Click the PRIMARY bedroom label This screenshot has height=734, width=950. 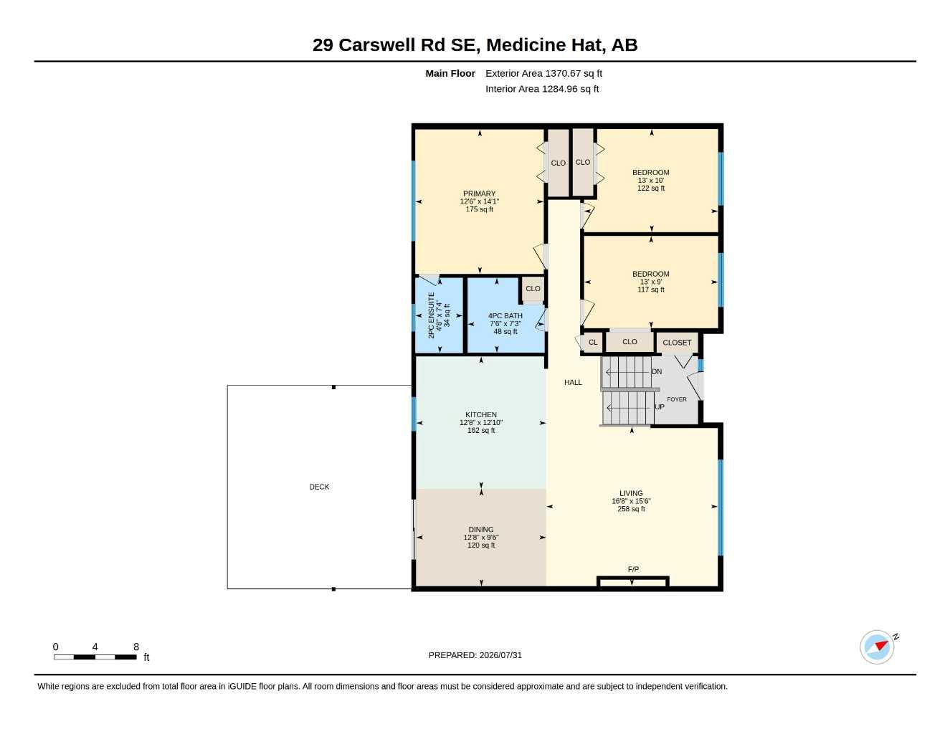coord(479,194)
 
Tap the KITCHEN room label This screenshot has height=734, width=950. coord(481,414)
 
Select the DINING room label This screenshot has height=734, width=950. coord(481,530)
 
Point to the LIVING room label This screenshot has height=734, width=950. coord(631,493)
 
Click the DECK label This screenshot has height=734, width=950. coord(319,487)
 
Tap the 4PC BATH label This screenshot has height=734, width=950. coord(505,316)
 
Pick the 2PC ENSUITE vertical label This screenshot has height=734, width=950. coord(431,315)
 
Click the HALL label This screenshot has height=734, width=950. coord(573,382)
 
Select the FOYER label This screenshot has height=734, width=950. coord(677,399)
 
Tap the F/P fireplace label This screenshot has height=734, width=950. coord(633,569)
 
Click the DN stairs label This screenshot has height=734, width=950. coord(657,372)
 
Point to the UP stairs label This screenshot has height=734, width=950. coord(660,407)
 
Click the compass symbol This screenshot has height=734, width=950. coord(877,647)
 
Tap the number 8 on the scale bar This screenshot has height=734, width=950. coord(136,647)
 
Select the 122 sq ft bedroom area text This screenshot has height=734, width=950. coord(650,189)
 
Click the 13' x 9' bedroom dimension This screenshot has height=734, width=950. coord(650,282)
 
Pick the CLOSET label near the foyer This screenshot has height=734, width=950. coord(677,343)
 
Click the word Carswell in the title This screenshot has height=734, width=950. coord(377,45)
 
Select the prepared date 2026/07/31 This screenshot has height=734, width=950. coord(500,655)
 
